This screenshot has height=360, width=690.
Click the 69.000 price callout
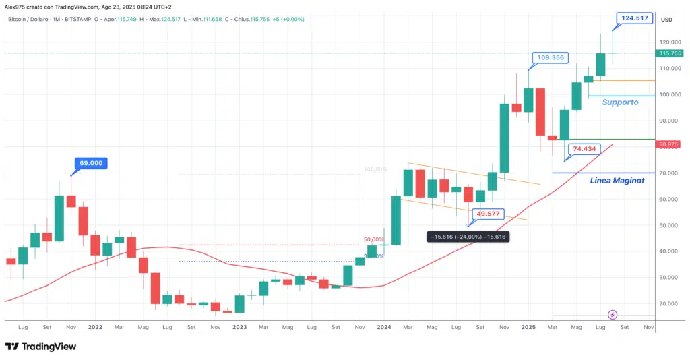click(94, 163)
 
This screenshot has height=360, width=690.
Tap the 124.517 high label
click(635, 18)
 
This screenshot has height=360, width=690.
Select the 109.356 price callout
click(551, 58)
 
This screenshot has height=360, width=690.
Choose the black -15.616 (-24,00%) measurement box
click(468, 237)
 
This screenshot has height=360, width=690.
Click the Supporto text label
click(620, 102)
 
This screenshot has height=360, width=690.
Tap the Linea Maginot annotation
click(617, 180)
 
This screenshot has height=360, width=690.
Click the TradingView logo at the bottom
click(40, 347)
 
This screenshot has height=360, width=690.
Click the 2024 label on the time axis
click(384, 327)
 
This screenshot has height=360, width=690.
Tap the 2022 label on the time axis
click(95, 327)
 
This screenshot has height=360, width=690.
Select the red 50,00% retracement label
click(374, 239)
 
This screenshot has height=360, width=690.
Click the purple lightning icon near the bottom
click(613, 315)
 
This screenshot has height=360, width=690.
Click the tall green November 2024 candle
click(504, 138)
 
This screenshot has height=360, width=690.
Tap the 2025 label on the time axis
click(528, 327)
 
